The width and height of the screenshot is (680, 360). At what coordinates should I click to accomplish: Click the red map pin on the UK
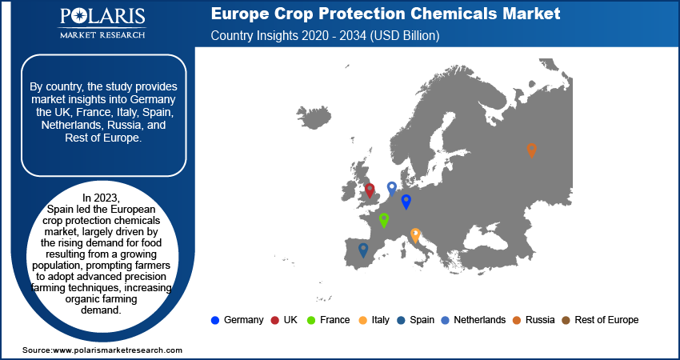point(370,190)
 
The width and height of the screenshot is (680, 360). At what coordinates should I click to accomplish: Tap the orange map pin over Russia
point(532,150)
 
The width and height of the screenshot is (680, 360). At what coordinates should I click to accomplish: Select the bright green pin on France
point(384,220)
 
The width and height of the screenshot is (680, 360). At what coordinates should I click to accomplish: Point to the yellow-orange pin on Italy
point(415,235)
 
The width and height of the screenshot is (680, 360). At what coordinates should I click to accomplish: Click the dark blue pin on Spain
point(363,250)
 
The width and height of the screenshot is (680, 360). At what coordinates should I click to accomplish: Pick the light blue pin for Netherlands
point(392,189)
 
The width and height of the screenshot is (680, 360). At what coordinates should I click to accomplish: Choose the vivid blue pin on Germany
point(406,202)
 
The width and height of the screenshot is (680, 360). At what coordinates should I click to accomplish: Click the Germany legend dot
point(214,321)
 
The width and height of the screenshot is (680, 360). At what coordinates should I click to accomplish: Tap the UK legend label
point(290,320)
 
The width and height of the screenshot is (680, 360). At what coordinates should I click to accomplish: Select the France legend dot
point(311,321)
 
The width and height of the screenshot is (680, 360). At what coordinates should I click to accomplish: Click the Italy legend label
point(380,320)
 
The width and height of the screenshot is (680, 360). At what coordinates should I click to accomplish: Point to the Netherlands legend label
point(480,320)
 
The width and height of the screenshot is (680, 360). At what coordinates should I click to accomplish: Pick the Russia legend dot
point(517,321)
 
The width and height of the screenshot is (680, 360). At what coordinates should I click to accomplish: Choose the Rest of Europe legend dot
point(566,321)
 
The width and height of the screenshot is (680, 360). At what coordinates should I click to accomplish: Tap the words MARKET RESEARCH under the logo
point(102,34)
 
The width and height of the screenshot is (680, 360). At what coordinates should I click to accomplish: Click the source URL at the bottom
point(118,350)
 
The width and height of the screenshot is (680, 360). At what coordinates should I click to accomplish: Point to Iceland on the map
point(314,117)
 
